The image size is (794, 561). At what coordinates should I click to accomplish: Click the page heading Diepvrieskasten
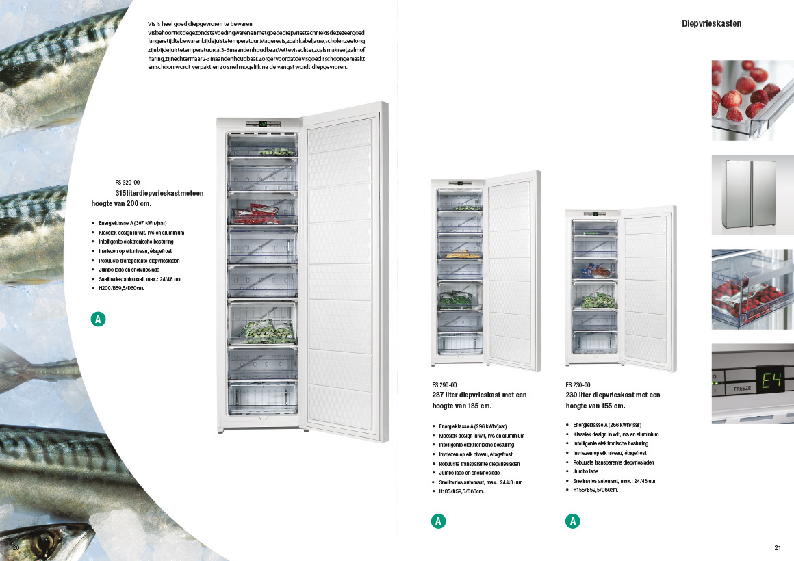pos(711,23)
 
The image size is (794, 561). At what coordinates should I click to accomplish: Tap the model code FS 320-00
pos(127,183)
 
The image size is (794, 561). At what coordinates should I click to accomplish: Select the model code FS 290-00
pos(444,384)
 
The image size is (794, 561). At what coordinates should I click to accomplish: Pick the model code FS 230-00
pos(578,384)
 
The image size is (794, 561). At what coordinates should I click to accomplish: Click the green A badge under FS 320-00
pos(99,319)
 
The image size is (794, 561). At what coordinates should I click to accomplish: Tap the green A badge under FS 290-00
pos(439,521)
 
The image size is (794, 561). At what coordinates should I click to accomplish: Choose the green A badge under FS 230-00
pos(572,521)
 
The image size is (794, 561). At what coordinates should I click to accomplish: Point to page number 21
pos(778,547)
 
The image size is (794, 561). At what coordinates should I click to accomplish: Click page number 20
pos(16,547)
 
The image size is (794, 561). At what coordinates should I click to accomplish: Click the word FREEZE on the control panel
pos(742,388)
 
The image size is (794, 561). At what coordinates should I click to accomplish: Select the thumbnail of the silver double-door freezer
pos(752,195)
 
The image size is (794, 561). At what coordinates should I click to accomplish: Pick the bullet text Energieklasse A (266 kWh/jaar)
pos(607,425)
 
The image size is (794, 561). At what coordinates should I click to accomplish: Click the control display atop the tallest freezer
pos(262,125)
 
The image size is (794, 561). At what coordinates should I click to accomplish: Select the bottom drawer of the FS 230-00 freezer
pos(595,341)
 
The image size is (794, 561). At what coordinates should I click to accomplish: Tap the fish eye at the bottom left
pos(45,540)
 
